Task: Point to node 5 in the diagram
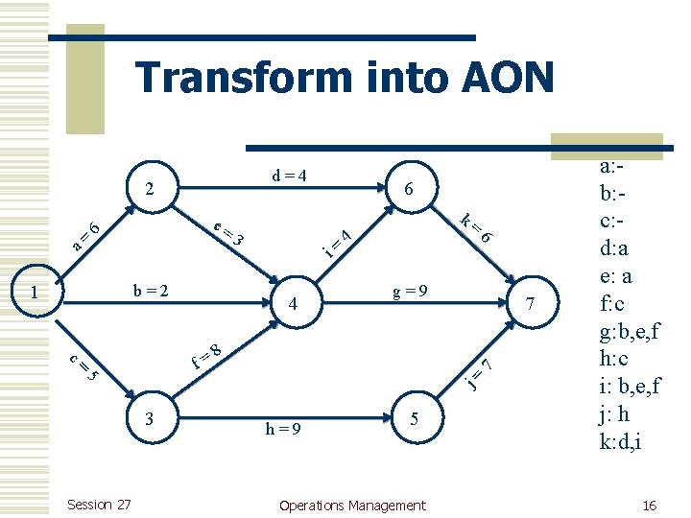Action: tap(414, 418)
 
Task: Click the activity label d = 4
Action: tap(289, 176)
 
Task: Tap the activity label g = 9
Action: tap(410, 290)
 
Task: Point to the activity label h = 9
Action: tap(283, 429)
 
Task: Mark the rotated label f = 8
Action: tap(207, 356)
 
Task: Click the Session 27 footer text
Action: tap(100, 506)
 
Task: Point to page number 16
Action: tap(650, 506)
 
